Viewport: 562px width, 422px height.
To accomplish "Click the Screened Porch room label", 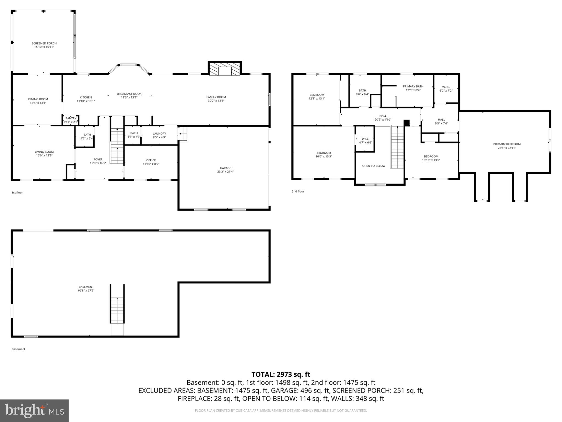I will pos(44,43).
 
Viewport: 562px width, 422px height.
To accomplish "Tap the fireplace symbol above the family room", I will pos(225,69).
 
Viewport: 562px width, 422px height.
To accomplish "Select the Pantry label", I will pos(71,118).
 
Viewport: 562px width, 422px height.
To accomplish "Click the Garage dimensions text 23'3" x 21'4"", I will pos(225,172).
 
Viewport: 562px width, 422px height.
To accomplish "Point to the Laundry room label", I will pos(159,134).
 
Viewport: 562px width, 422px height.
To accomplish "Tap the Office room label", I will pos(151,160).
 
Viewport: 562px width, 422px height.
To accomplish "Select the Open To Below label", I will pos(374,166).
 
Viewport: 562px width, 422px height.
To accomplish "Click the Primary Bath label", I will pos(413,86).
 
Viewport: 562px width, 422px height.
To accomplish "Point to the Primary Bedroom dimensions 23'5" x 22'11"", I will pos(507,148).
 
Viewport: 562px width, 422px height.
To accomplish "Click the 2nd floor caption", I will pos(298,191).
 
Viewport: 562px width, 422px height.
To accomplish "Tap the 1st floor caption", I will pos(17,193).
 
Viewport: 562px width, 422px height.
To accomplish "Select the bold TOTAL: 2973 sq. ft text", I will pos(281,374).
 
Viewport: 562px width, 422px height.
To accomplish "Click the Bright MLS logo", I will pos(34,411).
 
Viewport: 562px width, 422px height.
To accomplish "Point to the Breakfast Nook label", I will pos(129,94).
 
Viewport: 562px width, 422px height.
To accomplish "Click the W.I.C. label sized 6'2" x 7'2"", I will pos(446,87).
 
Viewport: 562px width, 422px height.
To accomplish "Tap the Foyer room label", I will pos(98,159).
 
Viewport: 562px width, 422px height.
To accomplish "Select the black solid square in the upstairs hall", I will pos(407,123).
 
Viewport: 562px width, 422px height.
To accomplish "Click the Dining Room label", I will pos(38,99).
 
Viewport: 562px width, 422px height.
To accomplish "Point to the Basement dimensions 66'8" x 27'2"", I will pos(86,290).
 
